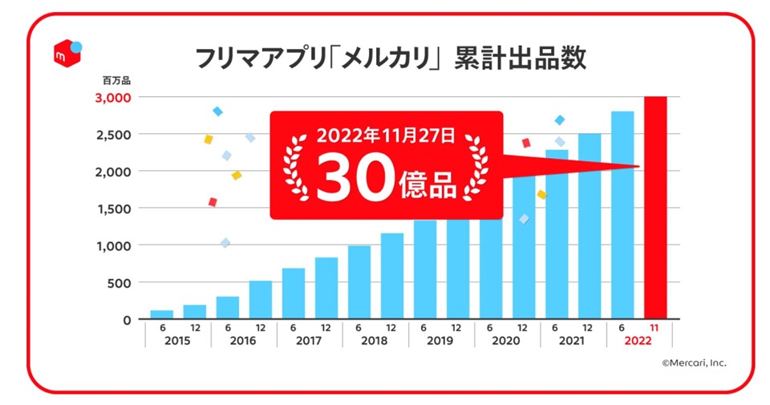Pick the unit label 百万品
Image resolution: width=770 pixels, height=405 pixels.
pos(115,80)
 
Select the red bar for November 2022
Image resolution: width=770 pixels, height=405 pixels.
pos(655,208)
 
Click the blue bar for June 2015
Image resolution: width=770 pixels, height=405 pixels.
pos(162,314)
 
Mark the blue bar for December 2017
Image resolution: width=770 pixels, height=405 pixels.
pos(326,288)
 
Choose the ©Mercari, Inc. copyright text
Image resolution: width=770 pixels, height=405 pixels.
pos(694,362)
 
